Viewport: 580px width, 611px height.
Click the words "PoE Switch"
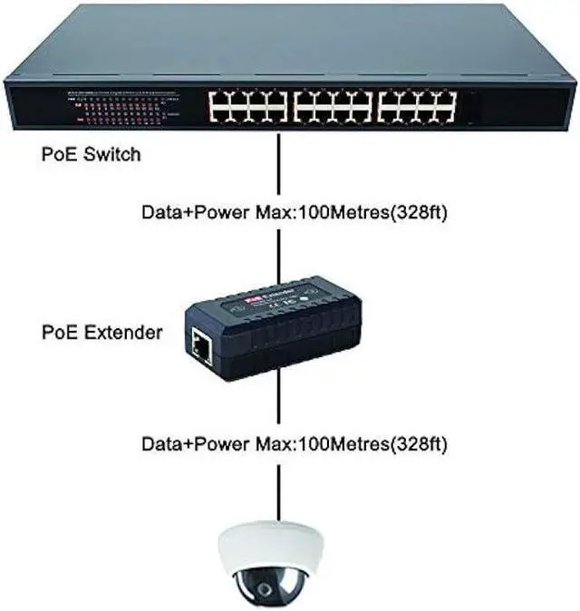(x=92, y=154)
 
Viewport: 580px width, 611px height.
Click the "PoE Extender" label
(x=102, y=332)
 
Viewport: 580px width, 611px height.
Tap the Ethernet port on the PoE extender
(x=199, y=344)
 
